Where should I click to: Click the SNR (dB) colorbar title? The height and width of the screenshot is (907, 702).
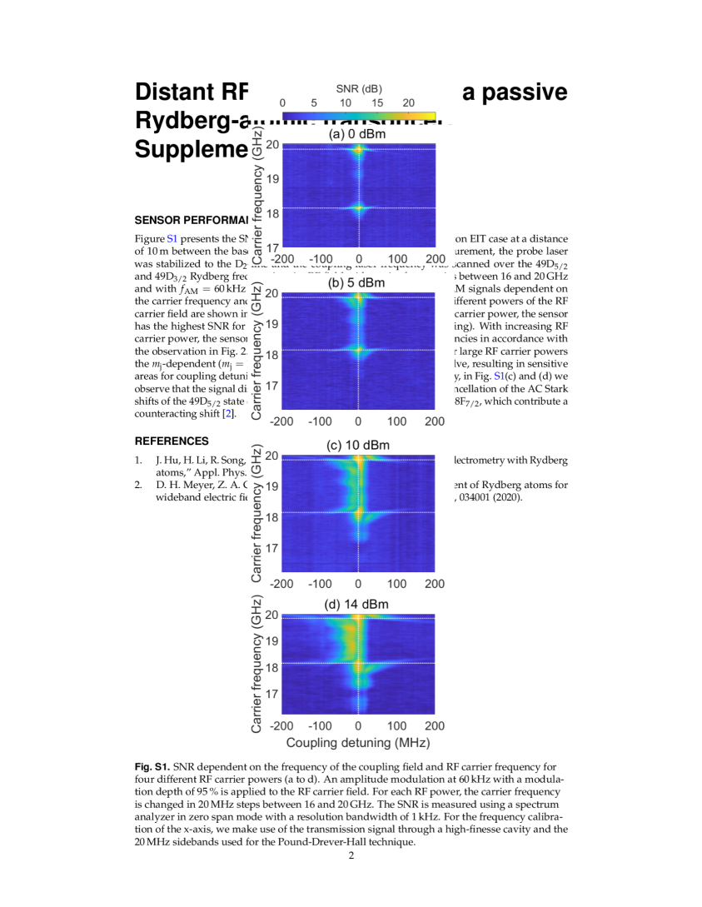pos(359,88)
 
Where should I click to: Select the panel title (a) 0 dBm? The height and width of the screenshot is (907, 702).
pos(357,134)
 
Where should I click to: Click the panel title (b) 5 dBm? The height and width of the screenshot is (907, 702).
pos(357,282)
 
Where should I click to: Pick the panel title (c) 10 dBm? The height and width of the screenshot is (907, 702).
pos(357,446)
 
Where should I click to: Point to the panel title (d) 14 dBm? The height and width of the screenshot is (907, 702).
pos(357,604)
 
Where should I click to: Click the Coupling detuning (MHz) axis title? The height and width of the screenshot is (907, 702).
pos(358,742)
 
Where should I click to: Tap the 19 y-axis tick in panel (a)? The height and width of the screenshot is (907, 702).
pos(272,179)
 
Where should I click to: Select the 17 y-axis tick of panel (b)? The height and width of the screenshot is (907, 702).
pos(272,386)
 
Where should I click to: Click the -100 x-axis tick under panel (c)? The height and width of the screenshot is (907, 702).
pos(319,584)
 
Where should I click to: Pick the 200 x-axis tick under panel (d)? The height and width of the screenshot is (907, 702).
pos(435,726)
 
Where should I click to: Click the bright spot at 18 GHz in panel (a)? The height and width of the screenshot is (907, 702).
pos(359,208)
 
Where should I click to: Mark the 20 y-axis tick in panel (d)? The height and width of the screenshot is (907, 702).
pos(272,617)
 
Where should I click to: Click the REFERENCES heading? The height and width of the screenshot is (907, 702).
pos(172,441)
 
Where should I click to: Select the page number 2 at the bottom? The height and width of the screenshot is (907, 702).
pos(351,856)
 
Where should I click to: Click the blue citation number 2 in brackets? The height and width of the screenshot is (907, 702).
pos(229,413)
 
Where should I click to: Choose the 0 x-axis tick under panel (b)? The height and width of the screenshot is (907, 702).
pos(359,421)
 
